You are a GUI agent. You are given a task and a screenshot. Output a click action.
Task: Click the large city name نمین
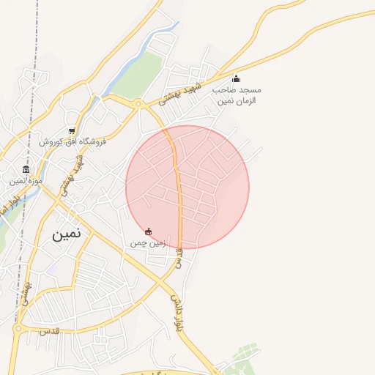click(x=66, y=235)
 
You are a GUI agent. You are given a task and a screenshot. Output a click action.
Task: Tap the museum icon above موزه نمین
click(x=26, y=169)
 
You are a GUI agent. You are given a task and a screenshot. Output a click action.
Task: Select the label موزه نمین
click(x=26, y=180)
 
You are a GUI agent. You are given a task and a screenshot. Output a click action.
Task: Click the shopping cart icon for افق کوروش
click(x=71, y=131)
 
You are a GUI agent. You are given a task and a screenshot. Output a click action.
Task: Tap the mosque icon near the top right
click(x=236, y=79)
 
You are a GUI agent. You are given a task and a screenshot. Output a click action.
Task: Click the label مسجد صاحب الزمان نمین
click(x=237, y=94)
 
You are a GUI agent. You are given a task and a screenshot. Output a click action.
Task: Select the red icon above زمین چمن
click(x=149, y=231)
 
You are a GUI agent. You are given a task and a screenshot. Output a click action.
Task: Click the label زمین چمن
click(x=149, y=242)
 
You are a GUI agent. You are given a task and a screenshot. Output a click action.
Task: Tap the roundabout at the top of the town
click(x=138, y=104)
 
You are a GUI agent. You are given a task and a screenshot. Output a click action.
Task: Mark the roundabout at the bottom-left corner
click(x=18, y=329)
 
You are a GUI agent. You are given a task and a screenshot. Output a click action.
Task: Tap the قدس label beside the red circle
click(x=178, y=257)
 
